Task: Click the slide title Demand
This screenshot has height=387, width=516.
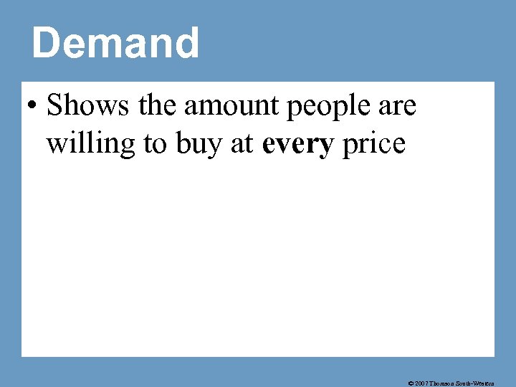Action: [x=115, y=43]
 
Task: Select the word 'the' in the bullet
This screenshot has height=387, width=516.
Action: [x=158, y=106]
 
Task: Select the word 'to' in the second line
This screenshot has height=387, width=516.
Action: [x=154, y=144]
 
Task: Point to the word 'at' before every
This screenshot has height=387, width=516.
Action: [x=242, y=144]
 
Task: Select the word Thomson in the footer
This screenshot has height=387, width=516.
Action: [x=446, y=383]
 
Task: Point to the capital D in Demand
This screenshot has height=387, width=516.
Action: [x=45, y=43]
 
